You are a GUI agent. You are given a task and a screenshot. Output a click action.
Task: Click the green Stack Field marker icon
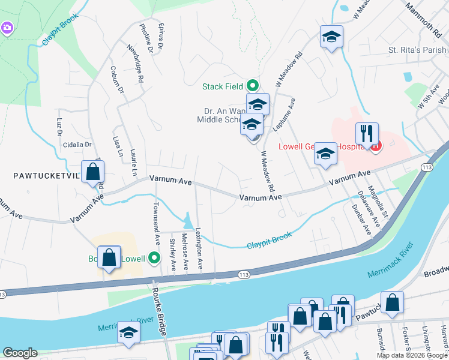[x=253, y=86]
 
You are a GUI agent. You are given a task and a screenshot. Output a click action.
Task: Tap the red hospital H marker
[x=376, y=146]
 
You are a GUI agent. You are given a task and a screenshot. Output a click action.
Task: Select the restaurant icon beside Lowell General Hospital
[x=366, y=133]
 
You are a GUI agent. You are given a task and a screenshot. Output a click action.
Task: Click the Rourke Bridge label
[x=161, y=310]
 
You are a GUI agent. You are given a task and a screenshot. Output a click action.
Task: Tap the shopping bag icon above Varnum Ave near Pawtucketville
[x=93, y=172]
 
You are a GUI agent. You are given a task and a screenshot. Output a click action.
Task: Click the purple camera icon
[x=7, y=28]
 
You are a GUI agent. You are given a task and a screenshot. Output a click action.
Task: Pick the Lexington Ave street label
[x=199, y=248]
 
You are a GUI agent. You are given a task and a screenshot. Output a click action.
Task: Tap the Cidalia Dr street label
[x=76, y=145]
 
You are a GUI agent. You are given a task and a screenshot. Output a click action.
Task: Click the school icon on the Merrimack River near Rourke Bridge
[x=128, y=333]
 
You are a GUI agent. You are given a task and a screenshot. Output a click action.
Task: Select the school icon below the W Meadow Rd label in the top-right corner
[x=331, y=37]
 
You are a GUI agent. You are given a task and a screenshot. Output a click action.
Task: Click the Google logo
[x=20, y=353]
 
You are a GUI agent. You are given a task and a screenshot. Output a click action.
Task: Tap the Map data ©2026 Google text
[x=412, y=355]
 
